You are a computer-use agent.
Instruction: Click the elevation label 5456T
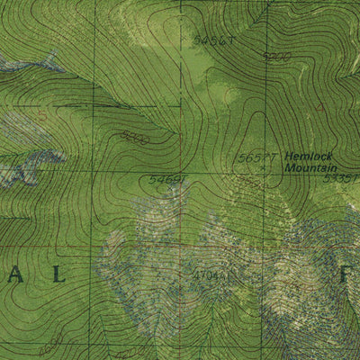(x=213, y=40)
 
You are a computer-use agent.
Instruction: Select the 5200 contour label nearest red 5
(x=134, y=139)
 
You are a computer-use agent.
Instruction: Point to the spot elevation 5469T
(x=166, y=179)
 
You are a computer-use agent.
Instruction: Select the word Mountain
(x=310, y=167)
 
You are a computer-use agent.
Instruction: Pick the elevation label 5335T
(x=344, y=178)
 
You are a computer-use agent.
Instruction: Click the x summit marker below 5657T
(x=262, y=167)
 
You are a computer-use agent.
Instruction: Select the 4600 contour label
(x=51, y=343)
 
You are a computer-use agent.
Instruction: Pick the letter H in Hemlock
(x=289, y=156)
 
